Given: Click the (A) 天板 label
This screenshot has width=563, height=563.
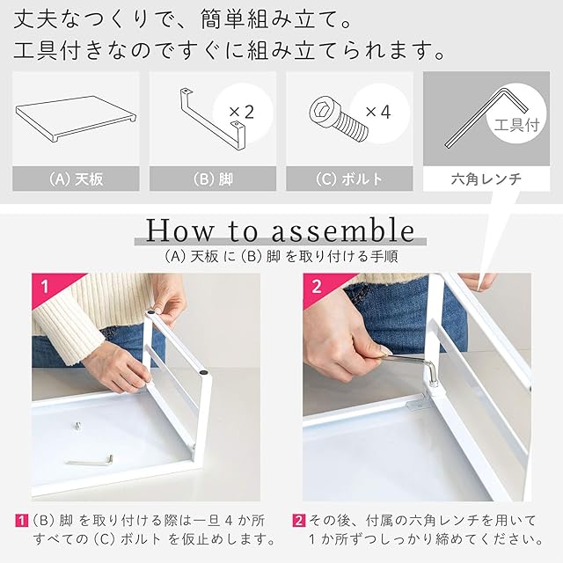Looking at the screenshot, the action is point(76,179).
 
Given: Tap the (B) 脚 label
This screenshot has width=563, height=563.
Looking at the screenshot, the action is point(213,179).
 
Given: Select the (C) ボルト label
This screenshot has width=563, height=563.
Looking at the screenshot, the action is point(349,179).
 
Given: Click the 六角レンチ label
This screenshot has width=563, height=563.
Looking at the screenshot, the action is point(486,179).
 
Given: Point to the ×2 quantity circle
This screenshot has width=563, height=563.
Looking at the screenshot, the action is point(243,113).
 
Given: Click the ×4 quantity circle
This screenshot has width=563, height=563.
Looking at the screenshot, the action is point(379,113).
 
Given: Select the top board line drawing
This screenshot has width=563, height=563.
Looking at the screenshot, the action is point(76,120).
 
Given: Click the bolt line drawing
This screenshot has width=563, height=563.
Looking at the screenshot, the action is point(338,119).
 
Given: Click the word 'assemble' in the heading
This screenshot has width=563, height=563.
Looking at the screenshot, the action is point(343,230).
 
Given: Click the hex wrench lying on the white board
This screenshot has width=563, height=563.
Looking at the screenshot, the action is point(90,461).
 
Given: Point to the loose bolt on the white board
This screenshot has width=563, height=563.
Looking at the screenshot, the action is point(78,426).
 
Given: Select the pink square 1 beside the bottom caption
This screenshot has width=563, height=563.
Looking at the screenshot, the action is point(22,521).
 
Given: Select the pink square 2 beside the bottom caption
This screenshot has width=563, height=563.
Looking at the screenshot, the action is point(299,521).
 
